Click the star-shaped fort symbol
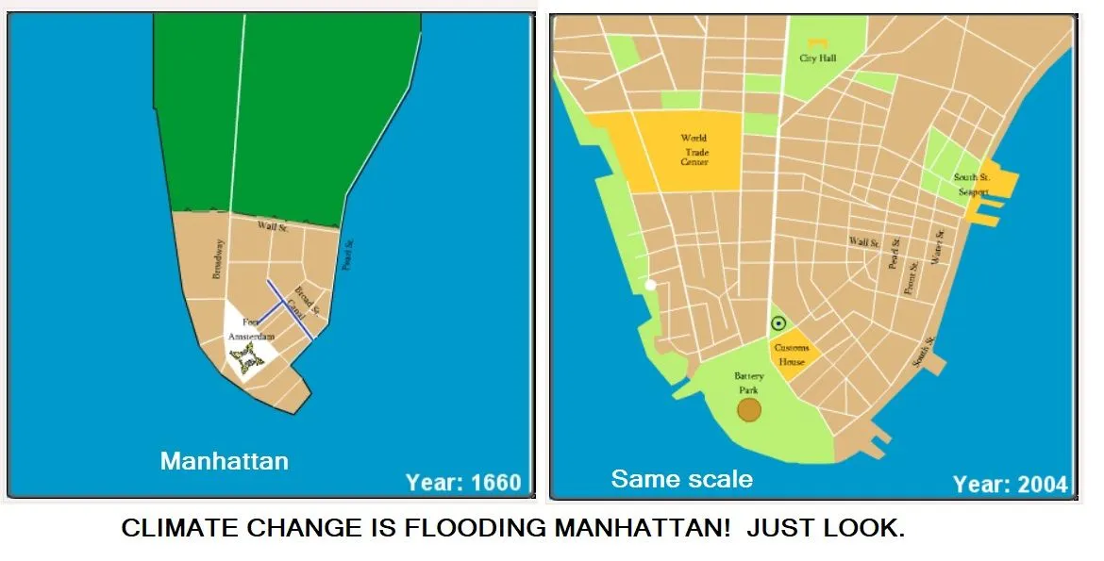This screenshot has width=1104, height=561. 245,360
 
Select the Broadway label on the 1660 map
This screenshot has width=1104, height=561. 218,257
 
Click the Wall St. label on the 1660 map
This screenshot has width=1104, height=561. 273,227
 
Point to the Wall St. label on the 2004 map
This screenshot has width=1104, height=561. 863,242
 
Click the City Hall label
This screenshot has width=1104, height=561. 817,58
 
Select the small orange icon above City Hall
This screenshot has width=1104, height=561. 818,42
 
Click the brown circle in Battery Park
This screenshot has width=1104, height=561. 749,409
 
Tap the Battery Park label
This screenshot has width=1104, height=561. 749,383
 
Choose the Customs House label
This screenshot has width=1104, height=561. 792,355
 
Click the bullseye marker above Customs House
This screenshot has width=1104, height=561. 778,323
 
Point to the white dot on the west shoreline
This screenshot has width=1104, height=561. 650,284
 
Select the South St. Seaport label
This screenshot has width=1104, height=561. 971,185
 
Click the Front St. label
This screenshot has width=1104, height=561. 910,277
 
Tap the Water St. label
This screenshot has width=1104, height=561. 939,247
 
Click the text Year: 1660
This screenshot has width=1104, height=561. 463,483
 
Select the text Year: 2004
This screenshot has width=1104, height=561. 1010,485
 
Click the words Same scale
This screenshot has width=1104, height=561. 681,479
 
